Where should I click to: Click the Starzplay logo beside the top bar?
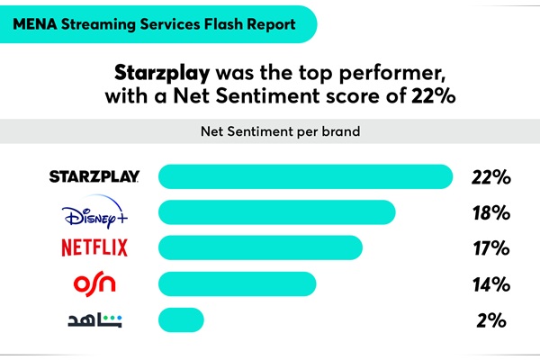pos(94,177)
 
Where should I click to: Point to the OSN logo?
pos(94,284)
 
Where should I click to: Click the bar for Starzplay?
pos(304,177)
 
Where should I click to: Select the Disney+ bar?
pos(277,212)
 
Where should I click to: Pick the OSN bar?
pos(238,283)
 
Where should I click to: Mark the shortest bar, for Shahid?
pos(181,319)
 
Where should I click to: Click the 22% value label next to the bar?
pos(491,177)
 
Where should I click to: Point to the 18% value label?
pos(491,213)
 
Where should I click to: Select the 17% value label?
pos(491,248)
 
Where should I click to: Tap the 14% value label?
pos(491,284)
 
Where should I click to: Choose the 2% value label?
pos(491,319)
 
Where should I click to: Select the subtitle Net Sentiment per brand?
pos(270,131)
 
